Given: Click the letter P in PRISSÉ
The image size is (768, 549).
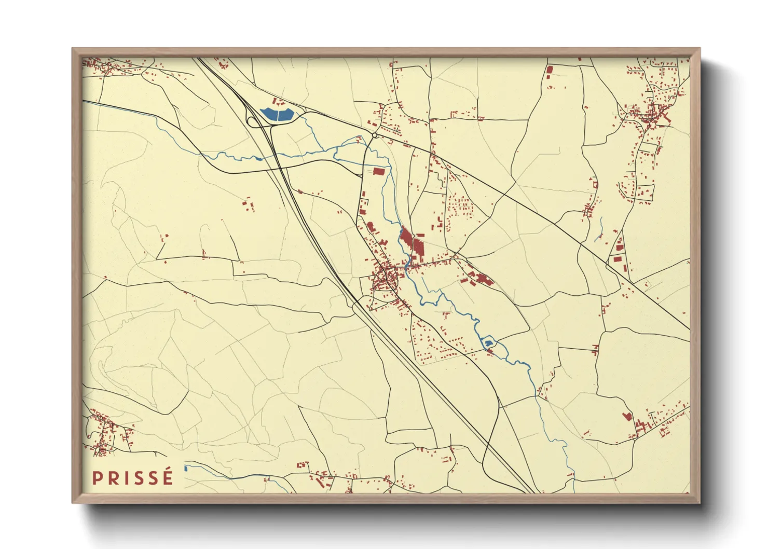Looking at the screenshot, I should [97, 478].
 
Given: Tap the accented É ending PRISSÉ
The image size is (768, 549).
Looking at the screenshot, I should [167, 477].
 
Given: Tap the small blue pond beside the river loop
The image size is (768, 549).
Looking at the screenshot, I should [488, 343].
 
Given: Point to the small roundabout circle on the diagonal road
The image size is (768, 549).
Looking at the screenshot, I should [374, 135].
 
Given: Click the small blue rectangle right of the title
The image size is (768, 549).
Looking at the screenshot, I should [185, 469].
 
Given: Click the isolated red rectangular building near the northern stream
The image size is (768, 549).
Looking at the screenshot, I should [379, 171].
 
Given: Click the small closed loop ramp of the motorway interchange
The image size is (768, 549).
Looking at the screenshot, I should [252, 122].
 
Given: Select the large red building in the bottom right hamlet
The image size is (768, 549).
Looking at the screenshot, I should [627, 416].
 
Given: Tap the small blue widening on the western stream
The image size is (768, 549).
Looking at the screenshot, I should [257, 158].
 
